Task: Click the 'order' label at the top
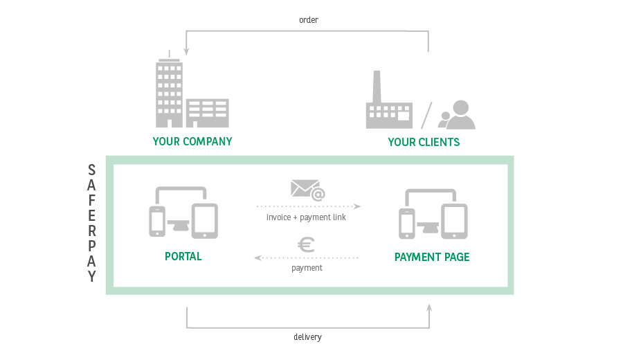[x=309, y=20]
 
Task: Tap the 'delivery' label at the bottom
[x=307, y=337]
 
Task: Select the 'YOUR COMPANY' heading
[x=192, y=141]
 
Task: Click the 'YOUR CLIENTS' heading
[x=424, y=142]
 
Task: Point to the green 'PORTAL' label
[x=183, y=256]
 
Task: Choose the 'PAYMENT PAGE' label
[x=432, y=257]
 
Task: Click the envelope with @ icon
[x=308, y=190]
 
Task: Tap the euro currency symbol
[x=307, y=245]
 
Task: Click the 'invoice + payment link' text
[x=306, y=217]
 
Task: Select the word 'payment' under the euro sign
[x=307, y=268]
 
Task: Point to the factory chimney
[x=377, y=87]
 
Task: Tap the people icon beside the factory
[x=457, y=115]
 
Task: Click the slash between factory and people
[x=426, y=116]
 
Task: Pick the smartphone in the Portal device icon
[x=157, y=222]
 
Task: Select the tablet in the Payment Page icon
[x=454, y=222]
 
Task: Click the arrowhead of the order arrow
[x=186, y=52]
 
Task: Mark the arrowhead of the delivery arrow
[x=429, y=307]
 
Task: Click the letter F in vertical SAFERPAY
[x=92, y=200]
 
